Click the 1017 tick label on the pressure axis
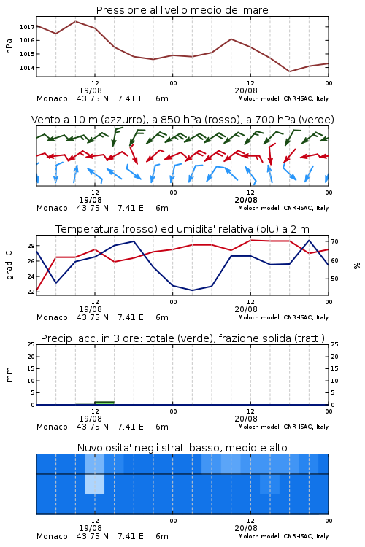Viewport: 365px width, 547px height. pyautogui.click(x=27, y=27)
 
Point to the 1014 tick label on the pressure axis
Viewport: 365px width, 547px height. pyautogui.click(x=27, y=68)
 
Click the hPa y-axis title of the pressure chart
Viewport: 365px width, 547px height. pyautogui.click(x=9, y=46)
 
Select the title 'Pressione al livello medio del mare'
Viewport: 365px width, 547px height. pyautogui.click(x=182, y=10)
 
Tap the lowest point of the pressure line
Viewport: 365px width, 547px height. pyautogui.click(x=289, y=71)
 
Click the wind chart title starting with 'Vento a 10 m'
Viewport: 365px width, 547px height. pyautogui.click(x=182, y=120)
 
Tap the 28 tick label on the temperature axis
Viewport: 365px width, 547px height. pyautogui.click(x=31, y=246)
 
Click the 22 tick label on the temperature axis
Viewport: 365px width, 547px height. pyautogui.click(x=31, y=292)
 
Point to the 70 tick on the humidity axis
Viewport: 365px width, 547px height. pyautogui.click(x=334, y=241)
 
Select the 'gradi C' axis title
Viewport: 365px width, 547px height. pyautogui.click(x=9, y=265)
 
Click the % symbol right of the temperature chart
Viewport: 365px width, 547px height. pyautogui.click(x=357, y=265)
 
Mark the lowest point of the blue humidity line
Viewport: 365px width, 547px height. pyautogui.click(x=193, y=290)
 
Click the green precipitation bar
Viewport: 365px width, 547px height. pyautogui.click(x=104, y=403)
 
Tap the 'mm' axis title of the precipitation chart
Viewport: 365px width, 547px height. pyautogui.click(x=9, y=375)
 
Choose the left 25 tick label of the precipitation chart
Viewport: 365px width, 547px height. pyautogui.click(x=31, y=344)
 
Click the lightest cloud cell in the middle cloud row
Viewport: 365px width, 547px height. pyautogui.click(x=94, y=484)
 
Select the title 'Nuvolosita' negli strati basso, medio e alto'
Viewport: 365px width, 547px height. pyautogui.click(x=182, y=448)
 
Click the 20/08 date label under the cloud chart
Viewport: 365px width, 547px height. pyautogui.click(x=246, y=528)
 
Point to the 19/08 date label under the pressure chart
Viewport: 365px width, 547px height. pyautogui.click(x=91, y=90)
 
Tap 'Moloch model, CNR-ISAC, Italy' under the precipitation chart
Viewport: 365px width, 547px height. pyautogui.click(x=283, y=427)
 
